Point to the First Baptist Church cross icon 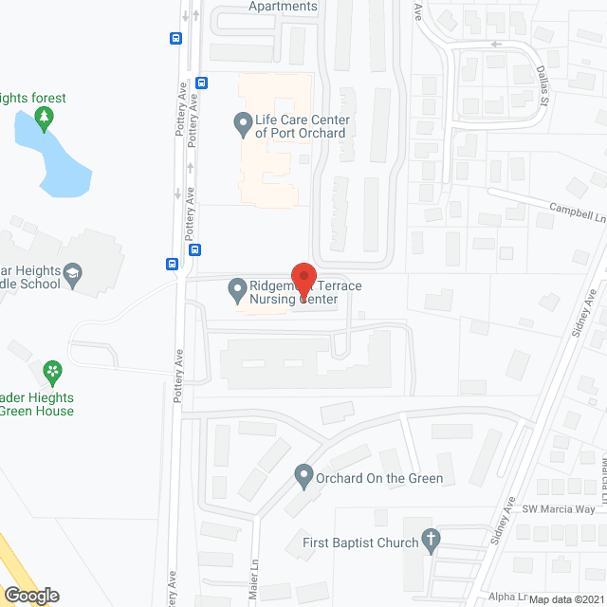[x=432, y=541]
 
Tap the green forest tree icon [x=43, y=119]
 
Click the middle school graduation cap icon [x=72, y=277]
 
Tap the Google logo [x=30, y=595]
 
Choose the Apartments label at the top [x=283, y=7]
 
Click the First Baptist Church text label [x=360, y=543]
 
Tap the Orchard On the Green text [x=379, y=478]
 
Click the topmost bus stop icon [x=175, y=38]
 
